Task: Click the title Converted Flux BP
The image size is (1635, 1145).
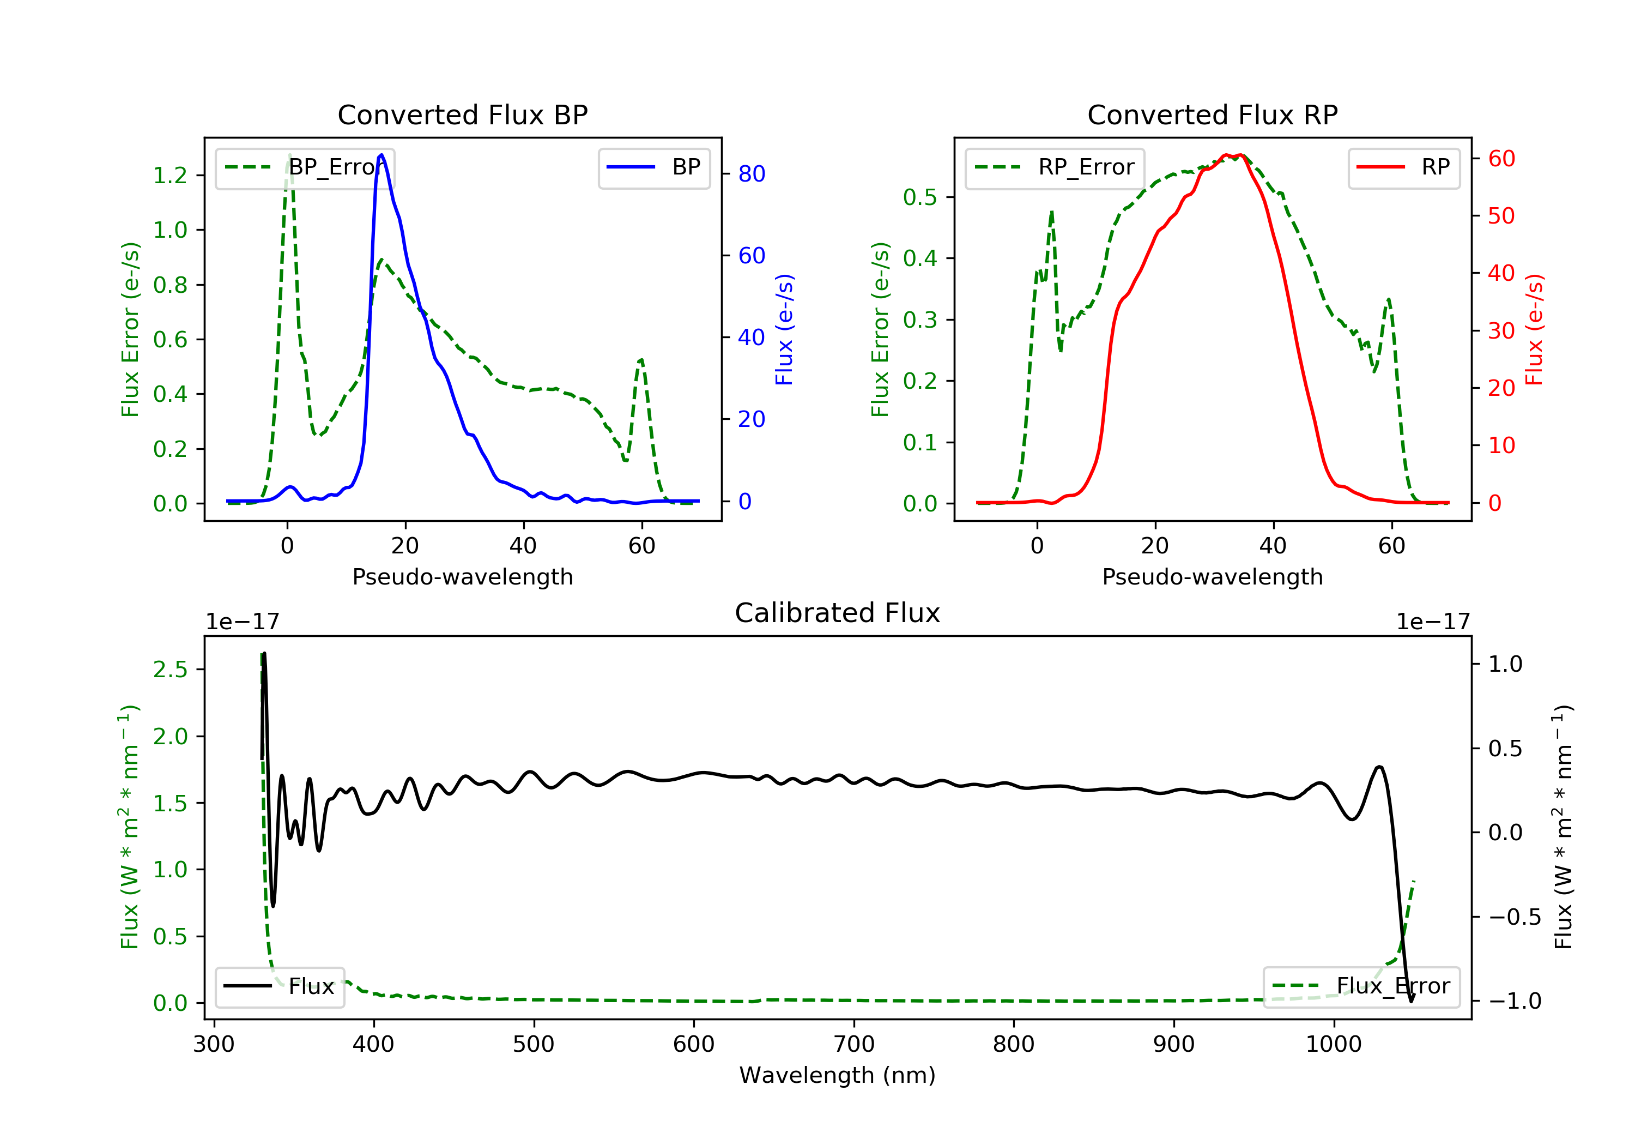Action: click(x=462, y=114)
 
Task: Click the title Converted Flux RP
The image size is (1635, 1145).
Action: click(x=1212, y=114)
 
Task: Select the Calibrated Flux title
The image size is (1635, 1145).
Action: click(x=838, y=613)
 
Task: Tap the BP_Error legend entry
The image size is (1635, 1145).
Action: click(x=305, y=167)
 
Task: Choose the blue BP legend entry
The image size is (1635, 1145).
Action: click(x=653, y=167)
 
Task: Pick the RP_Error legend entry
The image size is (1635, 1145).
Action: click(x=1055, y=167)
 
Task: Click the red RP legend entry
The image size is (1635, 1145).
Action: click(x=1403, y=167)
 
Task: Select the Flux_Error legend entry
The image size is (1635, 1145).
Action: click(x=1361, y=986)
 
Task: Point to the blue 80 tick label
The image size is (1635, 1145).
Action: click(x=752, y=174)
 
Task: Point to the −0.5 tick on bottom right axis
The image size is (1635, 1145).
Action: click(x=1515, y=917)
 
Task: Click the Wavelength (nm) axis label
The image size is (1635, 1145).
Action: click(x=838, y=1075)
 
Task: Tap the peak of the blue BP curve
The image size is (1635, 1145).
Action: click(x=381, y=155)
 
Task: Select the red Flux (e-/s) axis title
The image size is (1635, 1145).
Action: click(x=1533, y=329)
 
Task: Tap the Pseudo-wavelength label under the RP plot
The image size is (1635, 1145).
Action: click(x=1212, y=576)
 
